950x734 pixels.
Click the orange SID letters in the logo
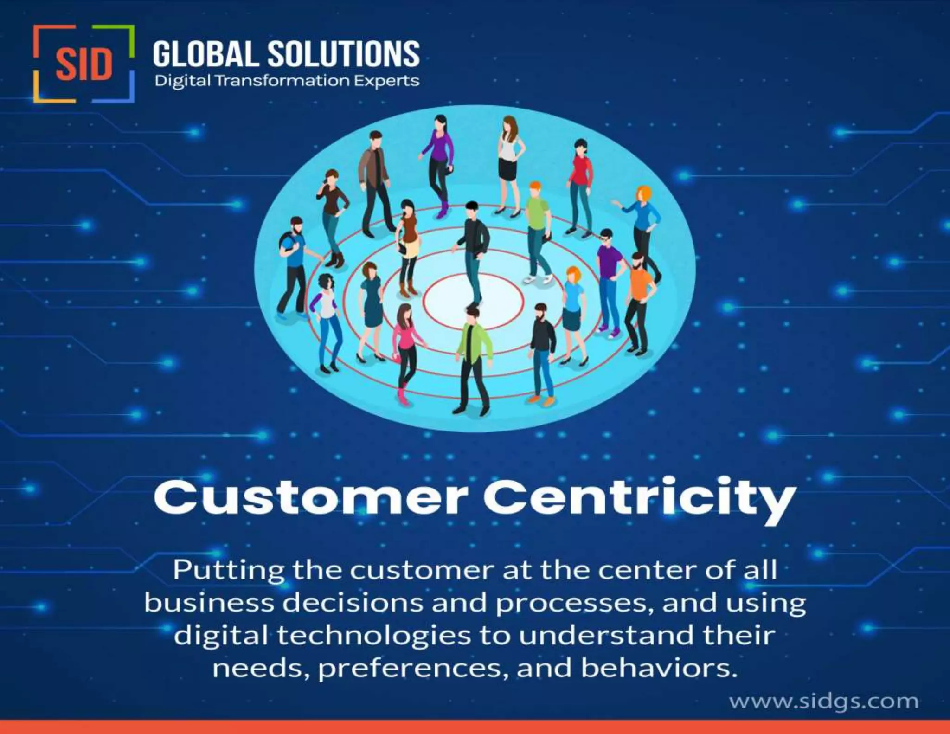pyautogui.click(x=84, y=64)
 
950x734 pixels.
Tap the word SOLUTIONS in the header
pyautogui.click(x=344, y=54)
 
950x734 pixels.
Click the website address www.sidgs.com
pyautogui.click(x=824, y=701)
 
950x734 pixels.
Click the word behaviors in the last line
pyautogui.click(x=658, y=669)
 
